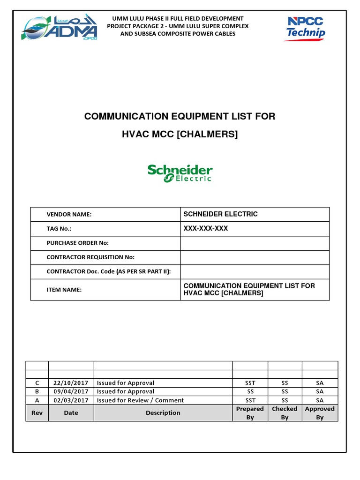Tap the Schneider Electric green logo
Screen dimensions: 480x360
pyautogui.click(x=180, y=173)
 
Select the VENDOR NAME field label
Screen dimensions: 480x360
pyautogui.click(x=69, y=214)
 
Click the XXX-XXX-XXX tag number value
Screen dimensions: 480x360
pyautogui.click(x=206, y=228)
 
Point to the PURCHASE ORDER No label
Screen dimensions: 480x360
pyautogui.click(x=77, y=243)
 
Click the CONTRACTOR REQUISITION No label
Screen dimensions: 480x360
pyautogui.click(x=90, y=257)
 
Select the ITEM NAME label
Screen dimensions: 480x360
pyautogui.click(x=64, y=290)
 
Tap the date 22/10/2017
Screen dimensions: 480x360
pyautogui.click(x=71, y=383)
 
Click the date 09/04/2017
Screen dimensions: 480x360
pyautogui.click(x=71, y=391)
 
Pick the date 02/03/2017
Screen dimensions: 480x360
pyautogui.click(x=71, y=400)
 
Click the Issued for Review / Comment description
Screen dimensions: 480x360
pyautogui.click(x=140, y=400)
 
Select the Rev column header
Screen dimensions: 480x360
pyautogui.click(x=37, y=413)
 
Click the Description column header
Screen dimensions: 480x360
pyautogui.click(x=163, y=413)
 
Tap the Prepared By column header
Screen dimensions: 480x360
pyautogui.click(x=250, y=413)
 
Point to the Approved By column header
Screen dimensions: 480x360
pyautogui.click(x=320, y=413)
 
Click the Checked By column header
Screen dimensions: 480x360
pyautogui.click(x=285, y=413)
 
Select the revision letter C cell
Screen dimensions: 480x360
pyautogui.click(x=37, y=383)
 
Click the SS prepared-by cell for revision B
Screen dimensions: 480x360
pyautogui.click(x=250, y=391)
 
